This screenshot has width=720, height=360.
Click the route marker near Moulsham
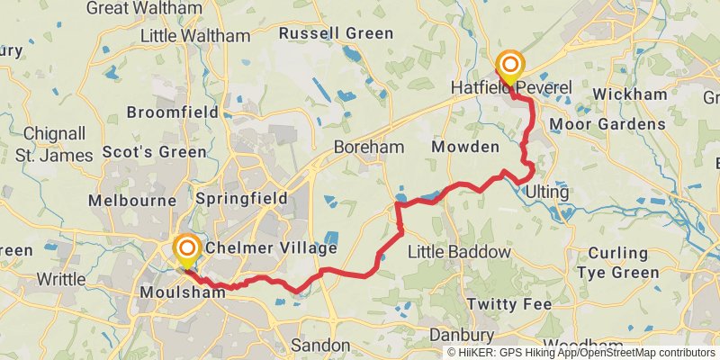pyautogui.click(x=187, y=249)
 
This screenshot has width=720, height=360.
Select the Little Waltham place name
pyautogui.click(x=195, y=36)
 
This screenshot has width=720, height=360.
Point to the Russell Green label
pyautogui.click(x=336, y=33)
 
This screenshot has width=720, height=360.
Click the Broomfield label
pyautogui.click(x=173, y=112)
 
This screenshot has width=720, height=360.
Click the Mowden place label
pyautogui.click(x=464, y=147)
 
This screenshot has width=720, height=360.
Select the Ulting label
pyautogui.click(x=548, y=193)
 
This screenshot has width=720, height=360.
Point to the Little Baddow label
pyautogui.click(x=459, y=252)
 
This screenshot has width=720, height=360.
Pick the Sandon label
pyautogui.click(x=320, y=345)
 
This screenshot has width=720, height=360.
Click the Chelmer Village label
pyautogui.click(x=271, y=247)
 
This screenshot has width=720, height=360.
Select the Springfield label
pyautogui.click(x=241, y=198)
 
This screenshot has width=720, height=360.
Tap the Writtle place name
pyautogui.click(x=60, y=279)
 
